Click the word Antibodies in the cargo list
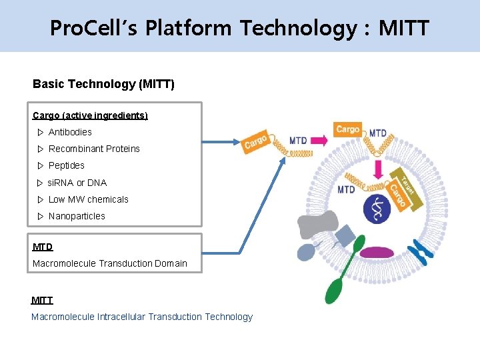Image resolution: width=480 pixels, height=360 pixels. [x=70, y=132]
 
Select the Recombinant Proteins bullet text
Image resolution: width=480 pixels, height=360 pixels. [x=94, y=149]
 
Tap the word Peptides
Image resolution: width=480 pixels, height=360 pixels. [x=67, y=165]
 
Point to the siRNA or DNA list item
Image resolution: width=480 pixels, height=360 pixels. [x=77, y=183]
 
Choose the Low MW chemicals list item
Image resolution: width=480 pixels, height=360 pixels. [x=88, y=199]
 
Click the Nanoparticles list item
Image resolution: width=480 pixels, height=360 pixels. [x=77, y=216]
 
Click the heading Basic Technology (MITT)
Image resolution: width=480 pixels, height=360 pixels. [x=103, y=84]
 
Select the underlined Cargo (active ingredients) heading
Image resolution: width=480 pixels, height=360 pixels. [x=90, y=115]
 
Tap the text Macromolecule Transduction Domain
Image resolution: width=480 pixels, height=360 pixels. [x=110, y=263]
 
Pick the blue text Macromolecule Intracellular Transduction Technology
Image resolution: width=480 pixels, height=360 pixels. [x=142, y=317]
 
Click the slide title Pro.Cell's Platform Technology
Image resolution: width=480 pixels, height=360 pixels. [x=240, y=28]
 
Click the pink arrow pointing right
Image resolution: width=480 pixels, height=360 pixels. [x=319, y=141]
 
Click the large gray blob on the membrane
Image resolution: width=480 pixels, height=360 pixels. [x=319, y=225]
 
